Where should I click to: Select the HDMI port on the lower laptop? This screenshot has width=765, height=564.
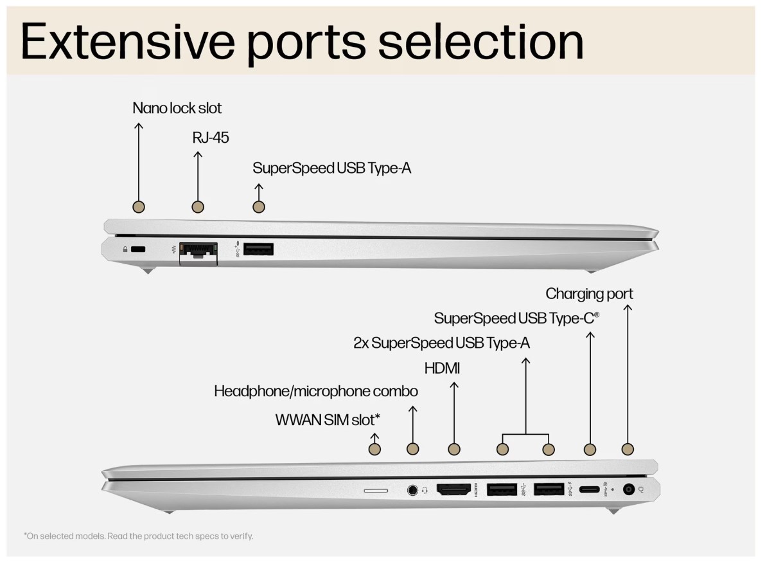click(454, 489)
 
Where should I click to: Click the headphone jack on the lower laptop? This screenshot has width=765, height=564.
click(413, 490)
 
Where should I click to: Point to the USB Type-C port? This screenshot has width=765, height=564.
click(589, 490)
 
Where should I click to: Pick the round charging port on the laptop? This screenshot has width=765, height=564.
click(629, 489)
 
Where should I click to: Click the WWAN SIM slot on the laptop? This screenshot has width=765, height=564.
click(376, 490)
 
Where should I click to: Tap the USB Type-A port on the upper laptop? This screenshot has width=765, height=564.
click(258, 248)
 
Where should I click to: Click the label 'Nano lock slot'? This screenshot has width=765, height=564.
click(177, 108)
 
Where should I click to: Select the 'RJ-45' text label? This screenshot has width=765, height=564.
click(211, 138)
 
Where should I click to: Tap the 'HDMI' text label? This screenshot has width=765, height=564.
click(442, 368)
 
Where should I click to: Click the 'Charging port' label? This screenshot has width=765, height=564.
click(589, 294)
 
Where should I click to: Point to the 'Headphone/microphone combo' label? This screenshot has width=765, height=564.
click(315, 391)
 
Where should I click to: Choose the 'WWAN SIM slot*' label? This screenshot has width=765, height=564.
click(328, 420)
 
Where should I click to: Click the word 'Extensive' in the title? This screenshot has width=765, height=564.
click(128, 41)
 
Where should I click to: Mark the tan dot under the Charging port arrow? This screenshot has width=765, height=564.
click(628, 450)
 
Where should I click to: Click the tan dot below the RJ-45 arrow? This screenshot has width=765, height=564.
click(198, 207)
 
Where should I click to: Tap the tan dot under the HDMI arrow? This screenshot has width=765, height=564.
click(454, 450)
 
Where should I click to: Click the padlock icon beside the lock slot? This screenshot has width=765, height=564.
click(124, 250)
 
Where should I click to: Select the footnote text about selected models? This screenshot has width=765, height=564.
click(139, 536)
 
